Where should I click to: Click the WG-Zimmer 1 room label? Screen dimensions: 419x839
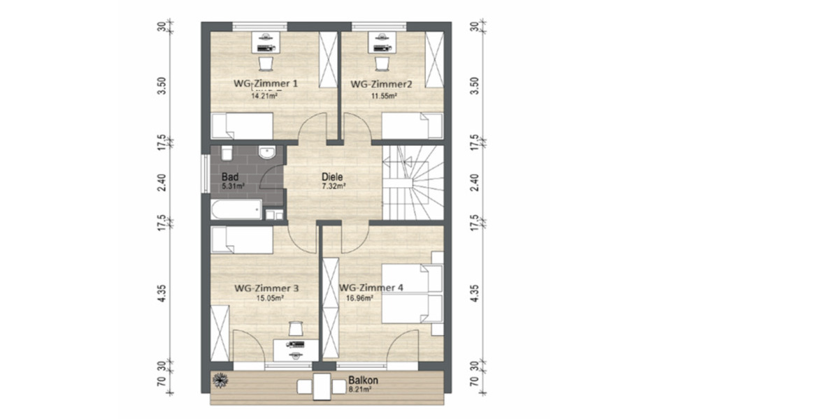pyautogui.click(x=266, y=84)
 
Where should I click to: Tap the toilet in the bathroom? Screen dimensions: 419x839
pyautogui.click(x=226, y=153)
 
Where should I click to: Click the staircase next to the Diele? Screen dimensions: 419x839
pyautogui.click(x=413, y=182)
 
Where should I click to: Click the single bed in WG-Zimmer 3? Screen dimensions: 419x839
pyautogui.click(x=241, y=240)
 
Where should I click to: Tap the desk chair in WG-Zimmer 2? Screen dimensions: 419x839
pyautogui.click(x=382, y=64)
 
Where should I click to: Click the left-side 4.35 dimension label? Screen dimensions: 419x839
pyautogui.click(x=162, y=293)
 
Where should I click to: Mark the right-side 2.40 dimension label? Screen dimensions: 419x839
pyautogui.click(x=475, y=182)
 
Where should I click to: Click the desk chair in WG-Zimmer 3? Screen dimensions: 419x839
pyautogui.click(x=295, y=328)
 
